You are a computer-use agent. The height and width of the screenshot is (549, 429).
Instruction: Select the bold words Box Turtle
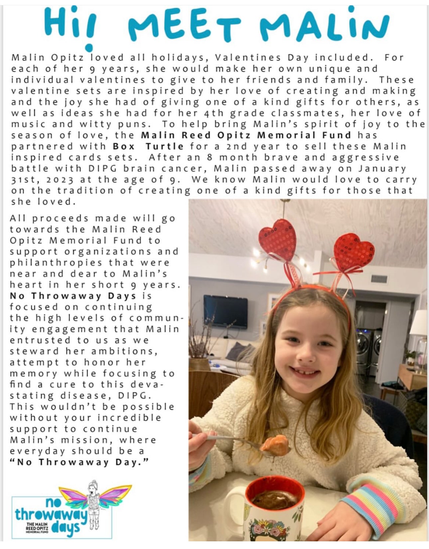click(148, 146)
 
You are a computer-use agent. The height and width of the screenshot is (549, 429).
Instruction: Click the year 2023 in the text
click(60, 180)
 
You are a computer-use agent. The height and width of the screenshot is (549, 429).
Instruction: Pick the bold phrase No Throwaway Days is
click(81, 296)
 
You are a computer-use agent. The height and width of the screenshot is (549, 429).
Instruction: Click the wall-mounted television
click(225, 311)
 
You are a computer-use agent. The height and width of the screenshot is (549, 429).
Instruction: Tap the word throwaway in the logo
click(51, 515)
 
